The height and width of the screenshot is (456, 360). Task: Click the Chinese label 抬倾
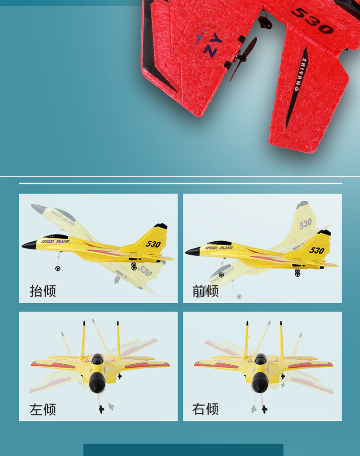[x=43, y=291]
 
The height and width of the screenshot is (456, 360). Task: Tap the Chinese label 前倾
[x=205, y=291]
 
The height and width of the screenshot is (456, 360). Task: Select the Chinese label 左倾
[x=43, y=409]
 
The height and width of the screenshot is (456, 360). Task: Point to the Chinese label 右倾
[x=205, y=409]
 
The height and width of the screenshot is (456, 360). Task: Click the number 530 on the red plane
[x=312, y=21]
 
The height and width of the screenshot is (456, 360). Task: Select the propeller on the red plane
[x=243, y=59]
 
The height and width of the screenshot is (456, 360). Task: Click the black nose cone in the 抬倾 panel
[x=28, y=245]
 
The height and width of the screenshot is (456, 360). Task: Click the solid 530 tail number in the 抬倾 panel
[x=153, y=244]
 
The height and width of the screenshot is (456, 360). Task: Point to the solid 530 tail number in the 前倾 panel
[x=316, y=250]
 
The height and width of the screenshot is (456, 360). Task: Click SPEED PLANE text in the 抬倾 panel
[x=55, y=241]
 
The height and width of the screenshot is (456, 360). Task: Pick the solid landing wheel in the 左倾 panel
[x=101, y=408]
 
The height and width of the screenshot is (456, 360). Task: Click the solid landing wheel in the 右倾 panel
[x=264, y=408]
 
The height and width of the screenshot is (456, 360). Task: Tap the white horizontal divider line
[x=180, y=183]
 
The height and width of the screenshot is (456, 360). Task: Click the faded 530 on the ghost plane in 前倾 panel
[x=305, y=223]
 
